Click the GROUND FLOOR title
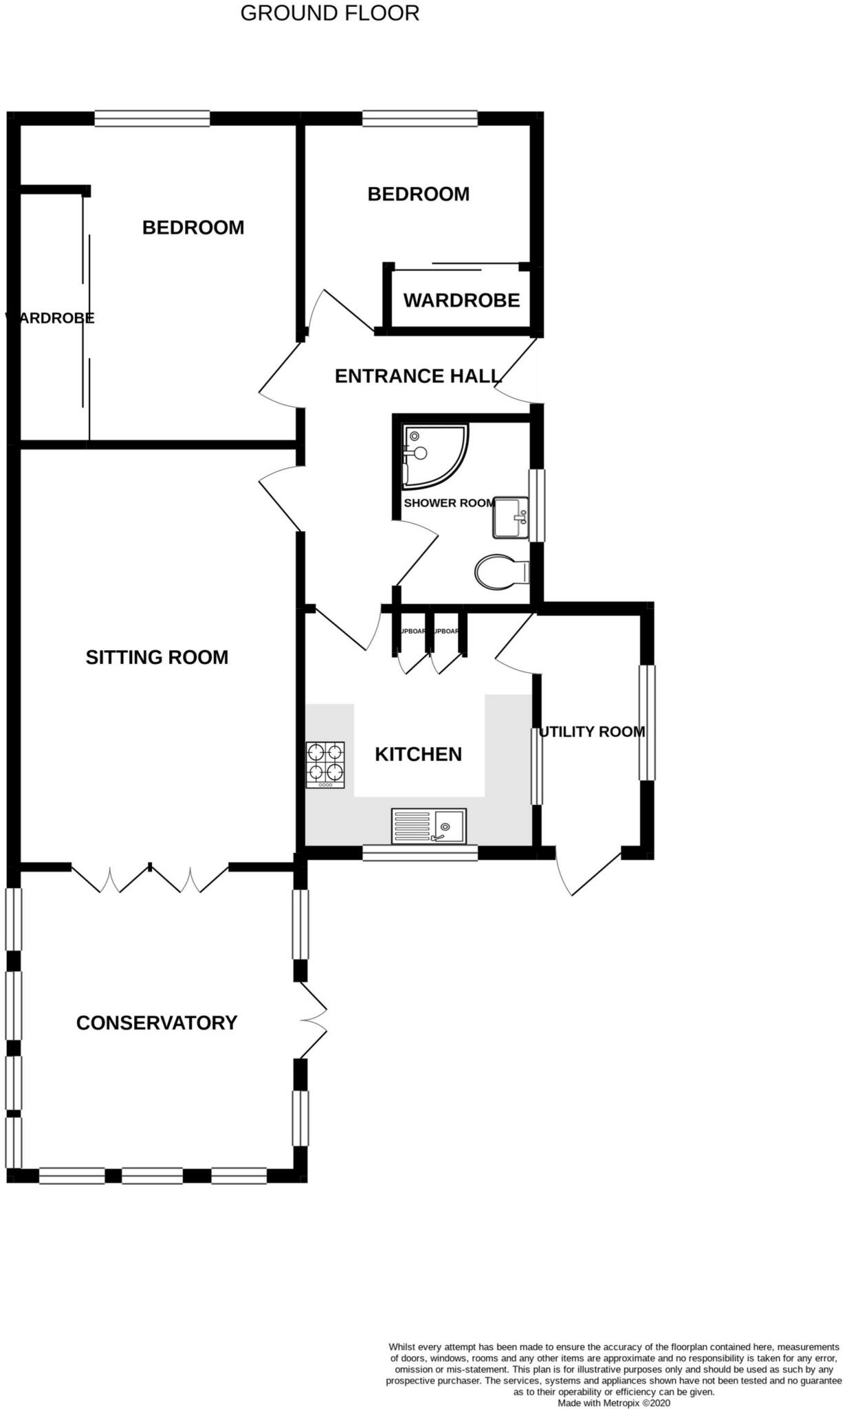click(330, 13)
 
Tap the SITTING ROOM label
click(157, 658)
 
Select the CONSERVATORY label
click(157, 1023)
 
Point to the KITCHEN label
click(418, 755)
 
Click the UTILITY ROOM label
click(592, 732)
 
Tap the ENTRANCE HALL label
click(418, 376)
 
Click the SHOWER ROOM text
click(449, 503)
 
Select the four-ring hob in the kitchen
click(325, 764)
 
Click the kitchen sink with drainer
click(429, 826)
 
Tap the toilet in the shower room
click(501, 572)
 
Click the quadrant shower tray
click(433, 455)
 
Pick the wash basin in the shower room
click(511, 517)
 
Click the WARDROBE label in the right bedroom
click(461, 301)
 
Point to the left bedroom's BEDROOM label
click(193, 228)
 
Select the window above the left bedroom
click(152, 119)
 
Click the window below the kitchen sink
click(420, 853)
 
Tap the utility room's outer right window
click(647, 722)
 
